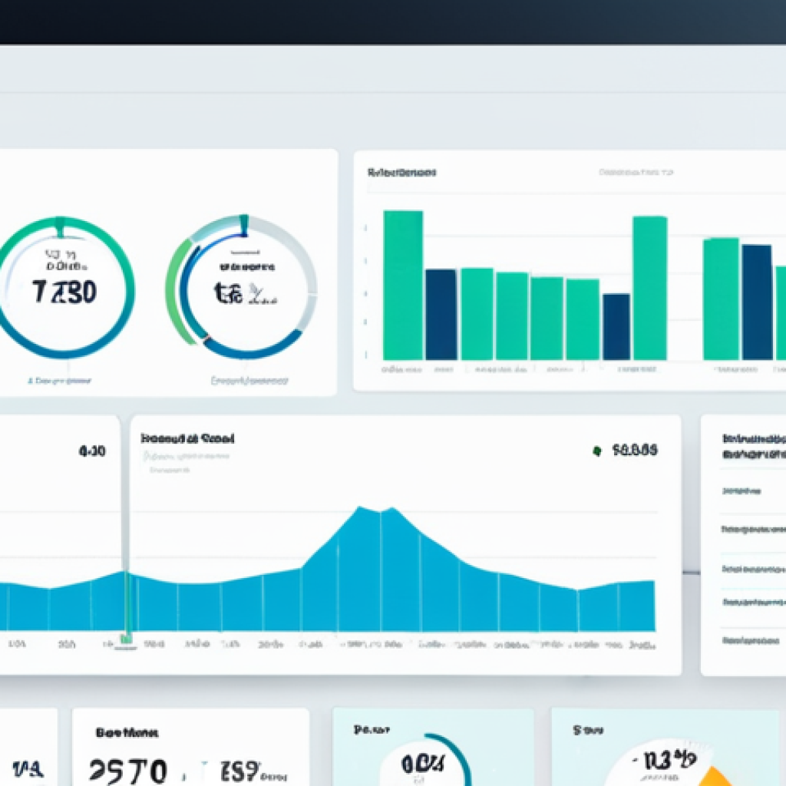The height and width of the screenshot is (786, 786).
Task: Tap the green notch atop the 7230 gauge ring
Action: click(x=60, y=226)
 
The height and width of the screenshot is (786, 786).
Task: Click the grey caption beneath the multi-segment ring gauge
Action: click(x=249, y=380)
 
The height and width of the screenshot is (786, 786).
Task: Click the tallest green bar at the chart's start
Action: click(x=403, y=285)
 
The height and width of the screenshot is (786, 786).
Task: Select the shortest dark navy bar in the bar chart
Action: click(x=616, y=326)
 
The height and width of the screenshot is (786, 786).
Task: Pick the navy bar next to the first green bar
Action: click(x=441, y=314)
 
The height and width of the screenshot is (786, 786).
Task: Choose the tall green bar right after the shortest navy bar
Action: click(x=649, y=288)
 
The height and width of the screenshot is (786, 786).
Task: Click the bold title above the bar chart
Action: click(x=402, y=173)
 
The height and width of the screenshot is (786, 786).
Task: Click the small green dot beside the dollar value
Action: click(x=596, y=451)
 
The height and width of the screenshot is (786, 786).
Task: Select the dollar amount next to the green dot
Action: click(x=634, y=451)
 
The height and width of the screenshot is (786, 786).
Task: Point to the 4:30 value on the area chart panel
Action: click(x=92, y=452)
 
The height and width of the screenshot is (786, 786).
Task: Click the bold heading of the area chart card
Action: click(x=187, y=439)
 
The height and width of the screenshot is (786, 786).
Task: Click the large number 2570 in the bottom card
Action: click(x=127, y=768)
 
